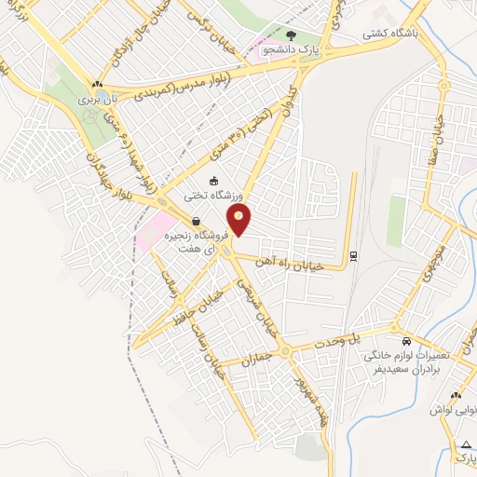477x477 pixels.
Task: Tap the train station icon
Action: coord(353,254)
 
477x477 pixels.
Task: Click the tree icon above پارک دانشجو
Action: coord(304,31)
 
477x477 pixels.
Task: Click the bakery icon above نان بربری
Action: coord(96,84)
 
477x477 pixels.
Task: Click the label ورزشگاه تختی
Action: coord(190,196)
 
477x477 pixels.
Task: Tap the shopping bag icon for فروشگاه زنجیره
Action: coord(196,222)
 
